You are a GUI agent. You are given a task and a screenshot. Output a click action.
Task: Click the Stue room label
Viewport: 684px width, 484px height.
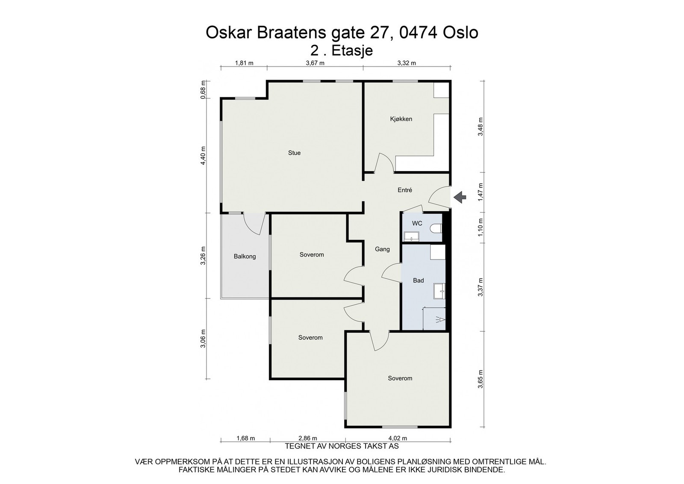tap(294, 153)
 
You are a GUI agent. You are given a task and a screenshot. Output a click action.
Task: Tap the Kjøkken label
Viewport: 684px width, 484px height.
tap(401, 119)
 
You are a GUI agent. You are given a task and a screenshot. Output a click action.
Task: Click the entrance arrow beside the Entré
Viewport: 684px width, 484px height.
tap(460, 197)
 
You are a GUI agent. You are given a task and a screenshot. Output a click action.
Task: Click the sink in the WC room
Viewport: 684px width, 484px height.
tap(412, 236)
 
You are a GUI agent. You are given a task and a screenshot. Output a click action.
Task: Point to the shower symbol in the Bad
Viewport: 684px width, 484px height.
tap(441, 319)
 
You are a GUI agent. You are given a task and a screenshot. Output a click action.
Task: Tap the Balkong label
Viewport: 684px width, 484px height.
tap(245, 257)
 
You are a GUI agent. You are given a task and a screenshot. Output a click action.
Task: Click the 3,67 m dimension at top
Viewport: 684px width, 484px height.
tap(315, 63)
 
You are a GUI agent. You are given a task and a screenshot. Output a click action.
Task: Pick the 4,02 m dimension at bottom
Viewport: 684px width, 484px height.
tap(398, 438)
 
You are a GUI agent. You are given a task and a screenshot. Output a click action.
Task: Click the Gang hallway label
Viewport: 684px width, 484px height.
tap(382, 249)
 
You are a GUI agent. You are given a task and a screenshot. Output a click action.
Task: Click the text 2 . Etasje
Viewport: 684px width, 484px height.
tap(342, 50)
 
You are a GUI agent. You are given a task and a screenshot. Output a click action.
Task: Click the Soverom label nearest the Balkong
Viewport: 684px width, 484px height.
tap(312, 254)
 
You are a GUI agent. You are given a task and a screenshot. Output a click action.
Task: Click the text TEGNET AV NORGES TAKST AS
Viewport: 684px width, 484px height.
tap(342, 446)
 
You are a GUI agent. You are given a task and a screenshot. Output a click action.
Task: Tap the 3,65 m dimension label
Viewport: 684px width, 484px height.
tap(481, 379)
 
